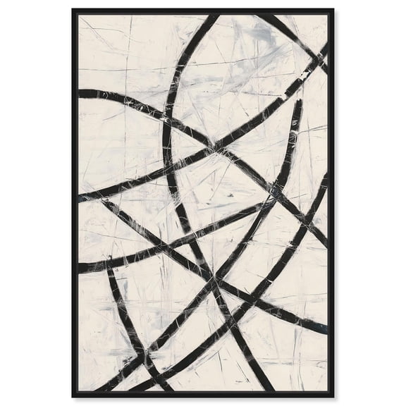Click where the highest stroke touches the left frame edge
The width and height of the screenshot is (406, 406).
[80, 93]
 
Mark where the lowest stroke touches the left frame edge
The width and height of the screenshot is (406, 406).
[80, 269]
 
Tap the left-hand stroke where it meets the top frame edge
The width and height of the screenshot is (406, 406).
[214, 16]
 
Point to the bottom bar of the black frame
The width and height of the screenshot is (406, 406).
[203, 394]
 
